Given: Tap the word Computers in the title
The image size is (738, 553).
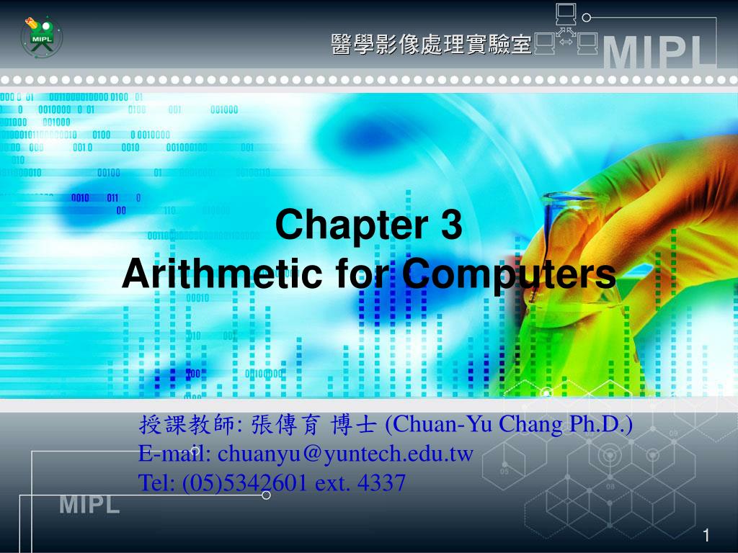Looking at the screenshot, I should pos(508,274).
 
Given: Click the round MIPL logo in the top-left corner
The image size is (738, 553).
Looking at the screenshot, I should pos(40,36).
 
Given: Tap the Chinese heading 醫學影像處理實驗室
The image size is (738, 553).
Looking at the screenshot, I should pos(430,45).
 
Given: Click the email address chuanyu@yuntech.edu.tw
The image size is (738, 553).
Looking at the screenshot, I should pos(346,454).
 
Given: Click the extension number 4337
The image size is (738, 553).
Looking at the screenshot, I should pos(381,482).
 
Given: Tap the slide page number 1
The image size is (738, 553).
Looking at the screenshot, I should pos(706,535).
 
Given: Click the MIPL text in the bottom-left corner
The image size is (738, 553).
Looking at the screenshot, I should pos(89,505).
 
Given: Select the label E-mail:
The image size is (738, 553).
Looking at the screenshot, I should pos(175,454).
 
